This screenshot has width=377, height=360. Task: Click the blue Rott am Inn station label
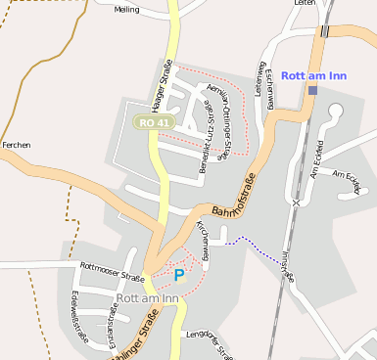[313, 74]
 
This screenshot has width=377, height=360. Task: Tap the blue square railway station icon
[312, 91]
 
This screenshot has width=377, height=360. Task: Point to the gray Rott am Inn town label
[147, 297]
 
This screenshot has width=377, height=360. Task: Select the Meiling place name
[126, 10]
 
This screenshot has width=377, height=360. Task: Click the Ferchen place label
[17, 145]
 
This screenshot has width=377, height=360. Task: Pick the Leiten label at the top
[306, 4]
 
